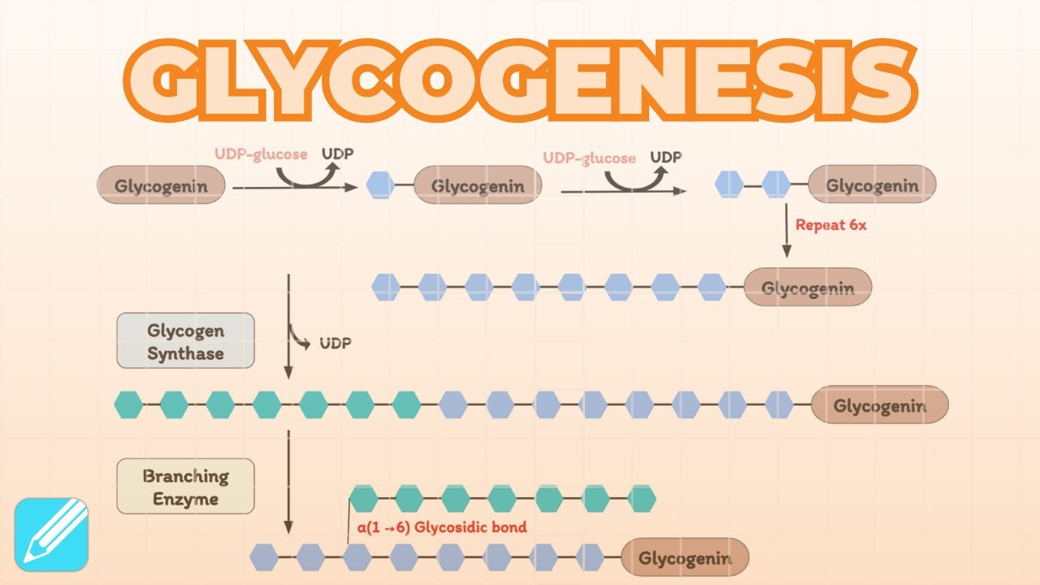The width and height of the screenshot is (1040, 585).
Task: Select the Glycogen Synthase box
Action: [x=185, y=341]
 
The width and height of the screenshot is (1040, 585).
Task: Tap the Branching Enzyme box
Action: [x=185, y=487]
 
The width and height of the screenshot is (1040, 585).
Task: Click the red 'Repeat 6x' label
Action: [x=830, y=225]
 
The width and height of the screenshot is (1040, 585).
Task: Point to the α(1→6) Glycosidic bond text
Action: [x=441, y=527]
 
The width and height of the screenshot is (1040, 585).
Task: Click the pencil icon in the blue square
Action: [x=51, y=534]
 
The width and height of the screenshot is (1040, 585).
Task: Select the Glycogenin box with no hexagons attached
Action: [x=160, y=185]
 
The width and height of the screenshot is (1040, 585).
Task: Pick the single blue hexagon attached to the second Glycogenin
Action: [x=380, y=185]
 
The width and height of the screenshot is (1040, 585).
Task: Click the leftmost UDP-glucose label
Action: [x=261, y=154]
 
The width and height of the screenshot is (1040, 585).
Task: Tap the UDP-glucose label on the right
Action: [x=589, y=158]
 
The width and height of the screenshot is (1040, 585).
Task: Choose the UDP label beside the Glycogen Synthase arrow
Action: [x=335, y=343]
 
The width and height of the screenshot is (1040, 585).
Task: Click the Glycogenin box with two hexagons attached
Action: [x=872, y=185]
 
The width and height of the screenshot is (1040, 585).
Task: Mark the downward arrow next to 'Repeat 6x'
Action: [x=786, y=232]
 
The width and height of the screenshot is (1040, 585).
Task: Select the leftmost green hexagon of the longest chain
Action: [x=128, y=404]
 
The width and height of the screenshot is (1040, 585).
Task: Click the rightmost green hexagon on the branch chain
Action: [x=641, y=499]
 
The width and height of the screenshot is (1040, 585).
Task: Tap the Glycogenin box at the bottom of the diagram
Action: [x=684, y=558]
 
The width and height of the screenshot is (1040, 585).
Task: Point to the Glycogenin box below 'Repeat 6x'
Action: [x=807, y=287]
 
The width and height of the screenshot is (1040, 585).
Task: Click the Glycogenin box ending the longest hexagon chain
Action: [x=879, y=405]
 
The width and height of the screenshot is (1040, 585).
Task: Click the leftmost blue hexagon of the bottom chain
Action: [x=264, y=557]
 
